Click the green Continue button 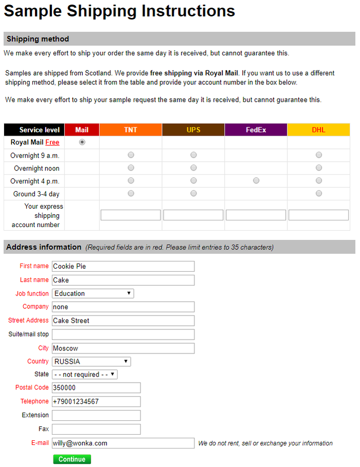pos(72,459)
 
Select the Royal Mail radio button pos(82,142)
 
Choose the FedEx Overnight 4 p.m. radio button pos(256,181)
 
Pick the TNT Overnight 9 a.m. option pos(131,155)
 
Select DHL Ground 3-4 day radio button pos(319,193)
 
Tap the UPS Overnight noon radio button pos(193,167)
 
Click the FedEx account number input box pos(256,215)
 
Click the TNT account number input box pos(131,215)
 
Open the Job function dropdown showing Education pos(93,293)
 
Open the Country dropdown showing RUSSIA pos(92,362)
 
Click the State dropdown pos(85,375)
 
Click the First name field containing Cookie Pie pos(123,266)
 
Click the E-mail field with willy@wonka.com pos(123,443)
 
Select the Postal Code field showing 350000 pos(96,388)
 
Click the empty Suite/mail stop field pos(123,334)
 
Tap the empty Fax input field pos(96,429)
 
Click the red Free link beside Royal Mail pos(52,142)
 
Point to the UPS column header pos(193,130)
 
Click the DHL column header pos(319,130)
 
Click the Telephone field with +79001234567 pos(96,401)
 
